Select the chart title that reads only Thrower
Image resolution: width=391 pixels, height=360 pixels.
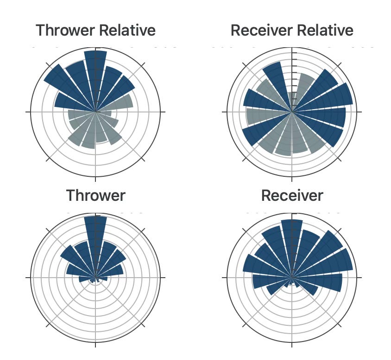pos(95,195)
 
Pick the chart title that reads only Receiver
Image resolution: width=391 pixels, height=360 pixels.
pos(292,195)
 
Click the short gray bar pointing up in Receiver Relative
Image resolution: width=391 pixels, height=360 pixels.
pos(292,99)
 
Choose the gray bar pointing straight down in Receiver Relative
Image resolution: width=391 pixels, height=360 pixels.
pos(292,137)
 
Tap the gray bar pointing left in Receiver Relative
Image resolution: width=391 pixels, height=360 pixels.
pos(264,116)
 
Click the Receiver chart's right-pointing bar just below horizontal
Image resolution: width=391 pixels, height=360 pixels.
pos(324,282)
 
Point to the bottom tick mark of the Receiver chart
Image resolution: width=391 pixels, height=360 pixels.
pos(292,343)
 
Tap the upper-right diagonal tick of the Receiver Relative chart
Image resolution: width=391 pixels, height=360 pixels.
pos(340,64)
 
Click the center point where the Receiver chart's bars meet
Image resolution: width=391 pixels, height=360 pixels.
pos(292,278)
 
